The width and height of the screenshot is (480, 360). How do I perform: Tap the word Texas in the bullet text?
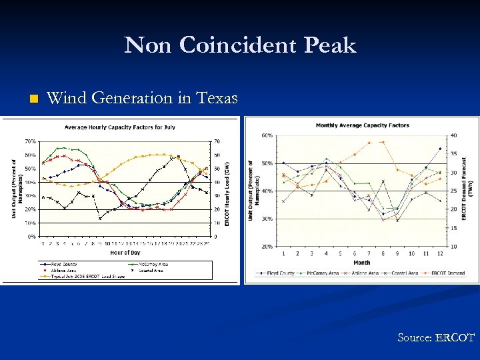point(215,99)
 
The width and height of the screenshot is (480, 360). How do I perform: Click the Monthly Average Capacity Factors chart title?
point(362,125)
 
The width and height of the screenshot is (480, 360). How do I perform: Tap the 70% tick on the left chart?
point(31,141)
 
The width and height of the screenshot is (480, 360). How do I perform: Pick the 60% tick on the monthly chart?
point(266,135)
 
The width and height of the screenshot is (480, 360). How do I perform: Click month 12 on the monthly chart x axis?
point(440,254)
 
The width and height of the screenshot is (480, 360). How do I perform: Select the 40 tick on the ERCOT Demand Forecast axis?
point(453,135)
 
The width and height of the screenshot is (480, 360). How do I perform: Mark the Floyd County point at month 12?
point(440,149)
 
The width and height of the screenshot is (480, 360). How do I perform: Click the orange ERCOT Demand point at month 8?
point(383,142)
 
